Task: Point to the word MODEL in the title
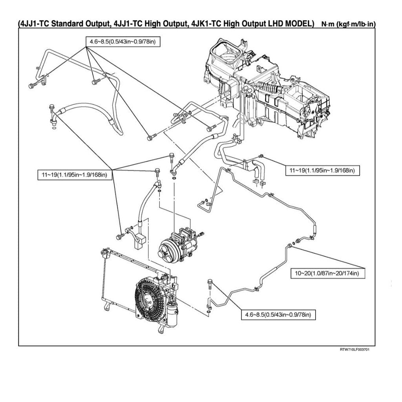(299, 24)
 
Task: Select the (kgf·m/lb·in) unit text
(355, 24)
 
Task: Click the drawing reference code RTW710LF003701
(354, 349)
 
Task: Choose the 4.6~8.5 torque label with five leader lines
(123, 41)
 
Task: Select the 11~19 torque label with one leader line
(322, 170)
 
